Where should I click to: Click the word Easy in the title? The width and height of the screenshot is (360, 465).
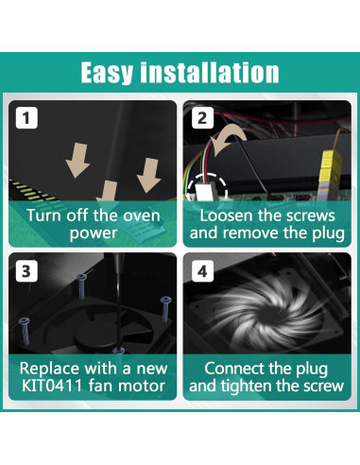click(x=107, y=73)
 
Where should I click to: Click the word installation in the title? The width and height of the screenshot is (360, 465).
click(x=210, y=72)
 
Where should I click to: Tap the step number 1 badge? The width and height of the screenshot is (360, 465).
click(x=26, y=118)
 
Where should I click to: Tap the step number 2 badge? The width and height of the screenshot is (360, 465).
click(x=202, y=118)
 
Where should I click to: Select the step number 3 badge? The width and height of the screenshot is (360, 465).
click(x=26, y=271)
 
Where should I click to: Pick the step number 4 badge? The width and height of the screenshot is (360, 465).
click(x=202, y=271)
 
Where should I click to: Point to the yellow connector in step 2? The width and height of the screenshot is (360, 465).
click(x=331, y=170)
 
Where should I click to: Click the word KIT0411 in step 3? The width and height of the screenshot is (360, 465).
click(x=52, y=386)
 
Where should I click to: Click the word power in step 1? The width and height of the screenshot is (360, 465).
click(x=94, y=233)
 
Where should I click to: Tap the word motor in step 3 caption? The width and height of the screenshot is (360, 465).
click(x=146, y=386)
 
